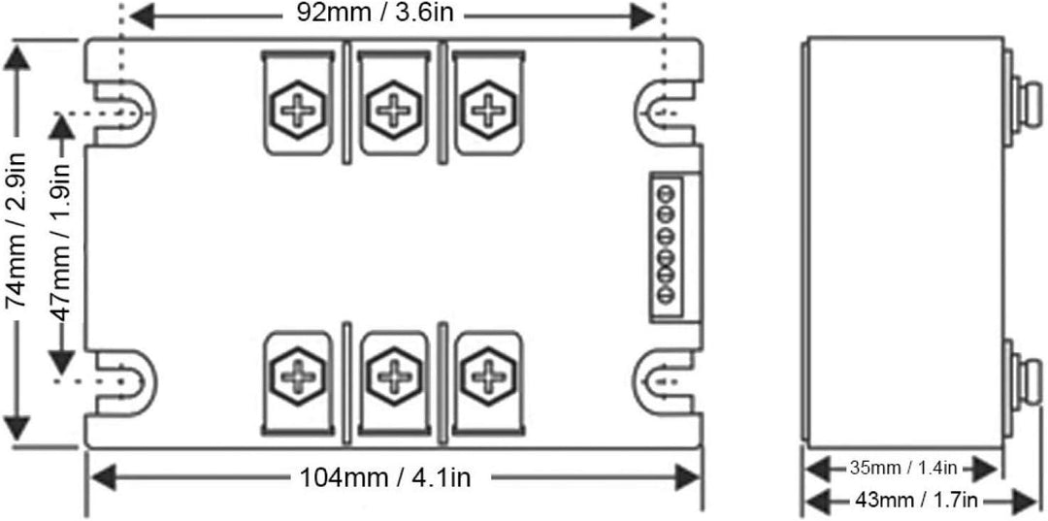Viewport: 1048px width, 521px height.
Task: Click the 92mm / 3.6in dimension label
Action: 375,14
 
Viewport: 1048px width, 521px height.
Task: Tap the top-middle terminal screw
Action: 393,109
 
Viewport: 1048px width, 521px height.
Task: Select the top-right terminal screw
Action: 488,109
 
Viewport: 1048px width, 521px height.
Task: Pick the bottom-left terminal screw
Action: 298,376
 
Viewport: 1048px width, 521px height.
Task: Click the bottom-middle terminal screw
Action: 393,376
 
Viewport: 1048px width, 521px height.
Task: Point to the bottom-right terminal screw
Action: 488,376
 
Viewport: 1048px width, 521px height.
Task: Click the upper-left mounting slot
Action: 123,113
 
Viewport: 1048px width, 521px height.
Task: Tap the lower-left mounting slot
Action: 123,381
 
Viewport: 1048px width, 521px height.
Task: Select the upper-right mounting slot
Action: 665,113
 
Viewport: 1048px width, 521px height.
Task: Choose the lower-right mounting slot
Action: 665,381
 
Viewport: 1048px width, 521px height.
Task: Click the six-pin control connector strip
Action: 667,245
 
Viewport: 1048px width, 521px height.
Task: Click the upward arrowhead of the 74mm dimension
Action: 16,58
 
